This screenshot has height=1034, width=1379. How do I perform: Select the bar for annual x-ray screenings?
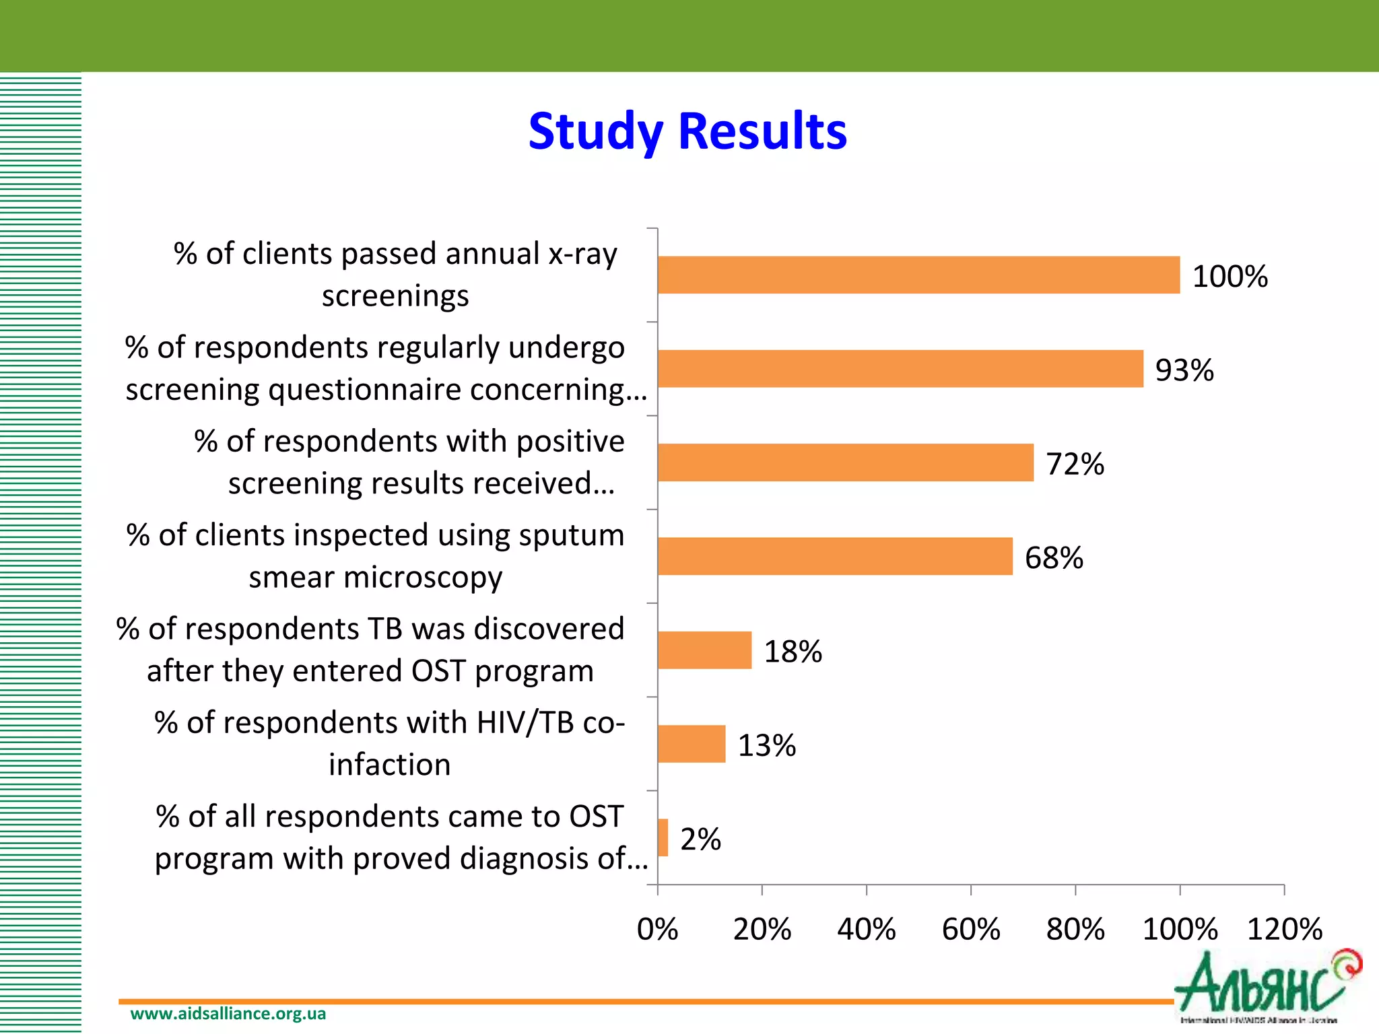click(x=918, y=275)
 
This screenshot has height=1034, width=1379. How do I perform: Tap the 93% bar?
click(x=900, y=369)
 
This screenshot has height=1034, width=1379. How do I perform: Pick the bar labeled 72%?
click(x=845, y=462)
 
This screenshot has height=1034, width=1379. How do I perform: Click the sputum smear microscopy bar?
click(x=835, y=556)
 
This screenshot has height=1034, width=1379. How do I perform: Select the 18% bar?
click(x=704, y=650)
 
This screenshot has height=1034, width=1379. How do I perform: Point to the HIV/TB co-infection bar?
click(x=692, y=744)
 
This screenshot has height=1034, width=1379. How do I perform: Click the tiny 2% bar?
click(x=663, y=837)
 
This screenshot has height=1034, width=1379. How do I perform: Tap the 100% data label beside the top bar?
click(x=1230, y=277)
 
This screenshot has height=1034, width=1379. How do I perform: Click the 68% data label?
click(x=1054, y=558)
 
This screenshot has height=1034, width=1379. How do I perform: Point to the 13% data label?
click(x=767, y=746)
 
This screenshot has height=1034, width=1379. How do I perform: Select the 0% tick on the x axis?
click(x=657, y=930)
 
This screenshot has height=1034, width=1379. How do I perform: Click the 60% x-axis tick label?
click(x=970, y=930)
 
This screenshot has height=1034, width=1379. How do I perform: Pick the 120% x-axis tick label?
click(x=1284, y=930)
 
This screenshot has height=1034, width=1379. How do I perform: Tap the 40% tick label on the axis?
click(x=866, y=930)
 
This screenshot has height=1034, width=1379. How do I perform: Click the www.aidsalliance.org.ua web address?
click(x=228, y=1014)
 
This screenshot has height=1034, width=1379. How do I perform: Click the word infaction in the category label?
click(x=389, y=765)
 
